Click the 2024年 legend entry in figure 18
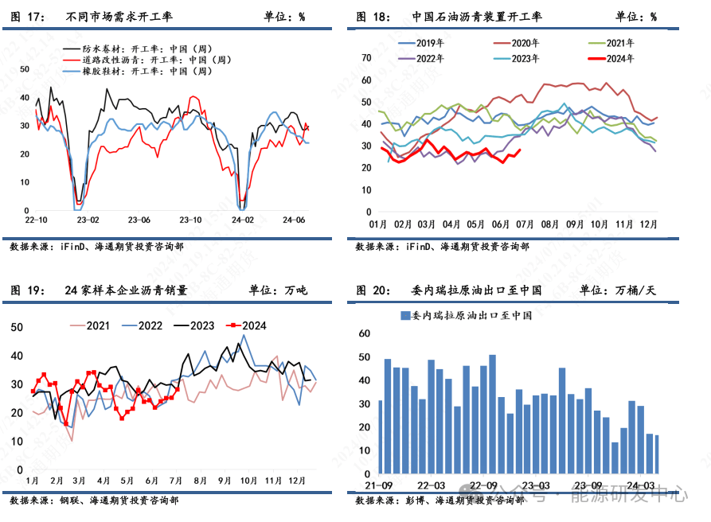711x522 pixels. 619,58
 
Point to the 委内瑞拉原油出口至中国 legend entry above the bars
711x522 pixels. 466,316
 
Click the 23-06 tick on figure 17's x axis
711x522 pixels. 139,220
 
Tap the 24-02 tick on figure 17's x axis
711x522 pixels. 242,220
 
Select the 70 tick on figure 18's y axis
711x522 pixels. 366,58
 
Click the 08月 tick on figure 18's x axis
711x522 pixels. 548,224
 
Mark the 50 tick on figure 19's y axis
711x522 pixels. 17,327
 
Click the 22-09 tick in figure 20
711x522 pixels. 483,485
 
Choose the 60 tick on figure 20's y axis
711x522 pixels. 364,333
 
